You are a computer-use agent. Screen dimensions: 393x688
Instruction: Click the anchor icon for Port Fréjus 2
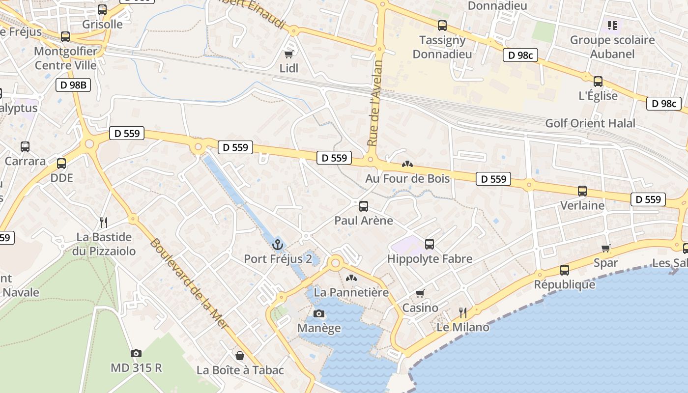click(278, 244)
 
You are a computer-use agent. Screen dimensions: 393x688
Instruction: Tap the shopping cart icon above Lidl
click(289, 54)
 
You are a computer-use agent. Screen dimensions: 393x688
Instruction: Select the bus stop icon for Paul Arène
click(364, 206)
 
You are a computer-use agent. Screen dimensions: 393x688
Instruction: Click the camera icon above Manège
click(319, 313)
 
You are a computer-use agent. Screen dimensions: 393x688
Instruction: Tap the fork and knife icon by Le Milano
click(462, 312)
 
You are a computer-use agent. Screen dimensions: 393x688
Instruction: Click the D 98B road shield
click(73, 85)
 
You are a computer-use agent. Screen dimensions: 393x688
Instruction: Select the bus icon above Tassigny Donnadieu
click(442, 26)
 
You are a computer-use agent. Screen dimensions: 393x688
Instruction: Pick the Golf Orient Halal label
click(590, 123)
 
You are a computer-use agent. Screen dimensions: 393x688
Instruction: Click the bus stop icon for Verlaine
click(582, 191)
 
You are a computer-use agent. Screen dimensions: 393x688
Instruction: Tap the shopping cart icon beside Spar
click(606, 248)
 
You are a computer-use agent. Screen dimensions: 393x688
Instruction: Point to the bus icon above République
click(565, 270)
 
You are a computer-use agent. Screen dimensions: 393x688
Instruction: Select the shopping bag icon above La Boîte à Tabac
click(240, 355)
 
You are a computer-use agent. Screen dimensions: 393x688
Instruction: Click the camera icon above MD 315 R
click(136, 353)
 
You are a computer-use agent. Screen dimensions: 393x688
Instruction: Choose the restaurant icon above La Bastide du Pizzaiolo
click(103, 223)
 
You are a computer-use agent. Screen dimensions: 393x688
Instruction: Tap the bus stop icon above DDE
click(61, 164)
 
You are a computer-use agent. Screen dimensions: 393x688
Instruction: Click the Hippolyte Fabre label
click(430, 258)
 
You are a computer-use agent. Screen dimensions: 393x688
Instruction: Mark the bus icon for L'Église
click(598, 82)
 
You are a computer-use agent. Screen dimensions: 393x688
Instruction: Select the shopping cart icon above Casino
click(420, 293)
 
